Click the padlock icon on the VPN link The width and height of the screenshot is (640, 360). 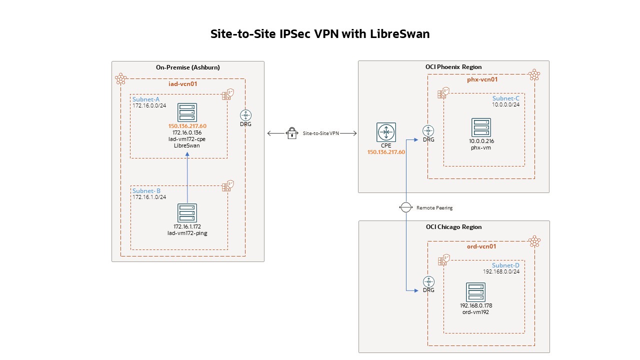[292, 133]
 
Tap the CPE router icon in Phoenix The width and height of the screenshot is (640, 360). [386, 132]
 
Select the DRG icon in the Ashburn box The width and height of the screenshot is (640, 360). [245, 115]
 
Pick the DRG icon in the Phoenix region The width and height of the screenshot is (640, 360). [428, 130]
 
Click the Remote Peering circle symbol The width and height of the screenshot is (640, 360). [406, 207]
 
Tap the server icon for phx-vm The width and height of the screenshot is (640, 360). [481, 127]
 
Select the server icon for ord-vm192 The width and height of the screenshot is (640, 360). [475, 292]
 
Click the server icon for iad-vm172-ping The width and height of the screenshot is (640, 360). [187, 213]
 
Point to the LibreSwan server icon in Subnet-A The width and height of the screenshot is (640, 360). [187, 112]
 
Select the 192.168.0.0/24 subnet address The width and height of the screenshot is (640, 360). [501, 271]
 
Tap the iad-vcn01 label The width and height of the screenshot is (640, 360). [183, 84]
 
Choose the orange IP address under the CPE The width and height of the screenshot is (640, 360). [386, 152]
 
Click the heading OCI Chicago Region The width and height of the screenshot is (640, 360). [453, 227]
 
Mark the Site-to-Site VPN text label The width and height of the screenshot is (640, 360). [320, 133]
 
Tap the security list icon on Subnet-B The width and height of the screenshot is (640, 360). [226, 186]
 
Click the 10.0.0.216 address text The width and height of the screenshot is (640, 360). [481, 141]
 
